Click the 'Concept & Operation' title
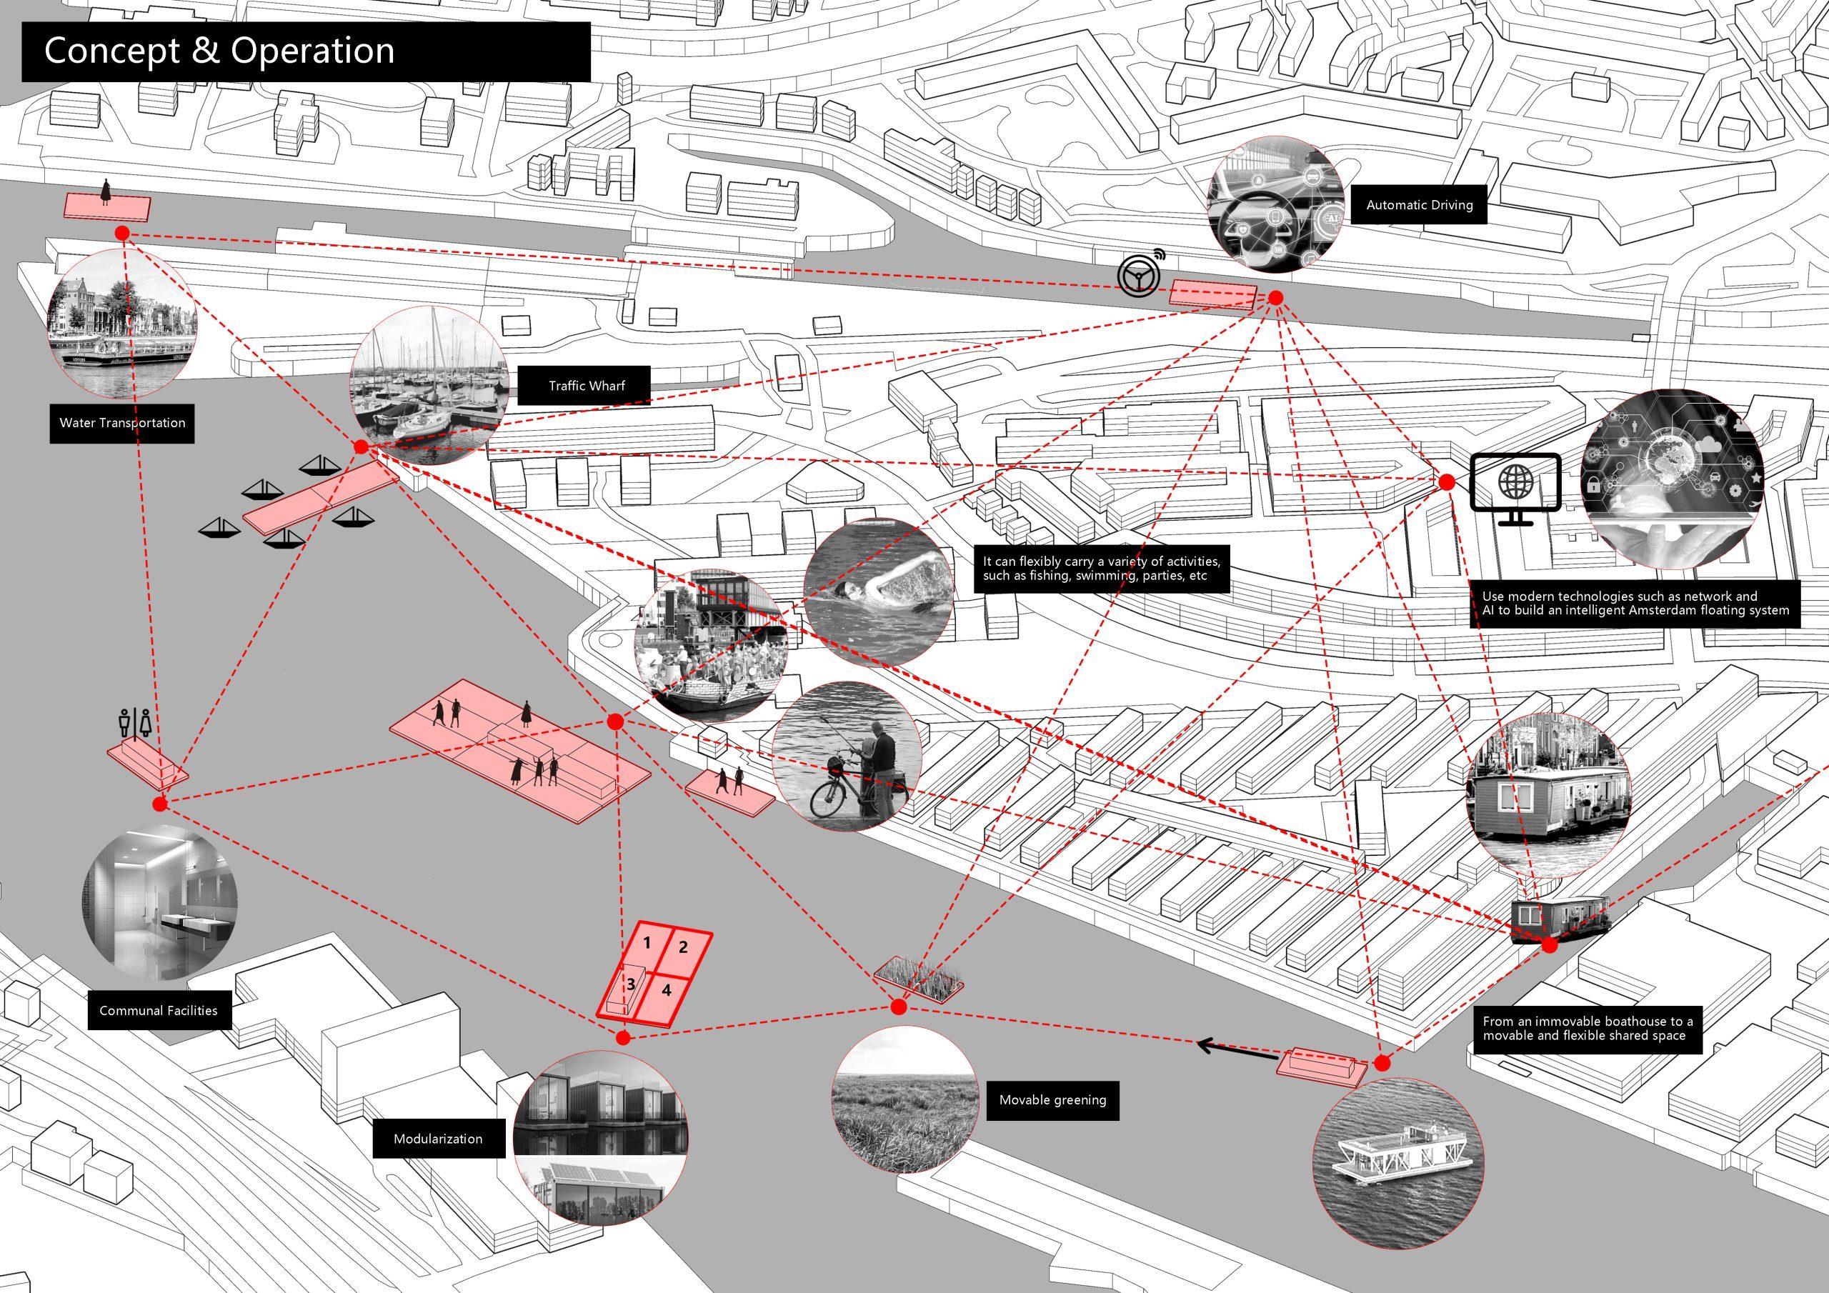point(219,50)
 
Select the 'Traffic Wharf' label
point(587,386)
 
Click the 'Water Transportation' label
point(122,422)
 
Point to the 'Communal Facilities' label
point(158,1010)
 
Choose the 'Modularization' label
point(437,1139)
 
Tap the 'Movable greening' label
point(1052,1100)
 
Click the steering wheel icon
point(1137,275)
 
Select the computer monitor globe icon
point(1515,489)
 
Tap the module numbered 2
point(683,947)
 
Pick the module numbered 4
point(667,991)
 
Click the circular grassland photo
point(903,1099)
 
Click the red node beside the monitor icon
point(1446,482)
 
